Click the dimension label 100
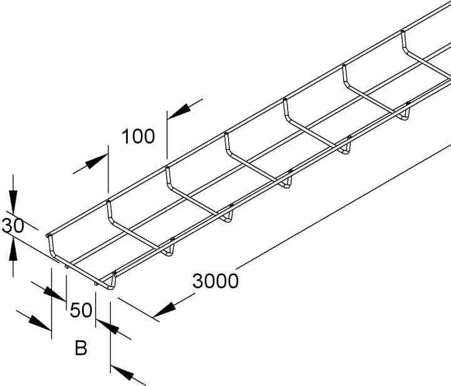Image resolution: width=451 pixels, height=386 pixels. [138, 137]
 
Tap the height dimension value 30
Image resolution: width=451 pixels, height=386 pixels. [13, 226]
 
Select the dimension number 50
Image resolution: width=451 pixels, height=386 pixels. [81, 310]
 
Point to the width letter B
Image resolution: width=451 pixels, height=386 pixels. [81, 348]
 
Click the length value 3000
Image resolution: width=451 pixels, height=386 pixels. [215, 281]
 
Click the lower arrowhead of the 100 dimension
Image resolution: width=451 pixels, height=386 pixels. [96, 162]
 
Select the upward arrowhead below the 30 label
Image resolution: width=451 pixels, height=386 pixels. [13, 249]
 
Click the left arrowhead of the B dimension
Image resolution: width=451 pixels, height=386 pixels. [40, 323]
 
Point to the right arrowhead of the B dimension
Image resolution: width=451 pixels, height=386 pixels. [122, 373]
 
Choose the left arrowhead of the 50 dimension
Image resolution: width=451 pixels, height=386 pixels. [54, 294]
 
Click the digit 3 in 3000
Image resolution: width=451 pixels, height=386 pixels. [198, 281]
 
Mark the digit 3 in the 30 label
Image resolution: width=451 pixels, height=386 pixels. [7, 226]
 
